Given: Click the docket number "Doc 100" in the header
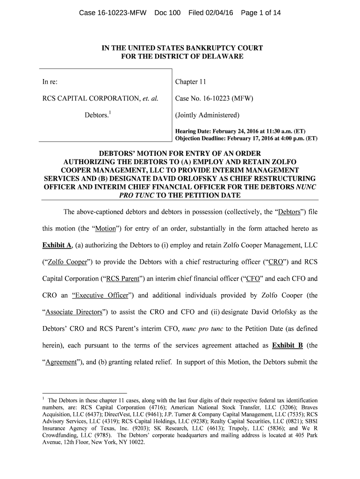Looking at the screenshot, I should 168,13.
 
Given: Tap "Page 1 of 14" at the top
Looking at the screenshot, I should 261,13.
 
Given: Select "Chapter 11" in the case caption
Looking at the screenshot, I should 190,82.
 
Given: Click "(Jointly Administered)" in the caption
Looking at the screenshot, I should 207,115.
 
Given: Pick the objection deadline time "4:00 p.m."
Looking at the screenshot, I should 279,138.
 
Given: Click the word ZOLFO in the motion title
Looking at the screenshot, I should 285,162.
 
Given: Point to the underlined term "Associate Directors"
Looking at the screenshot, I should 72,312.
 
